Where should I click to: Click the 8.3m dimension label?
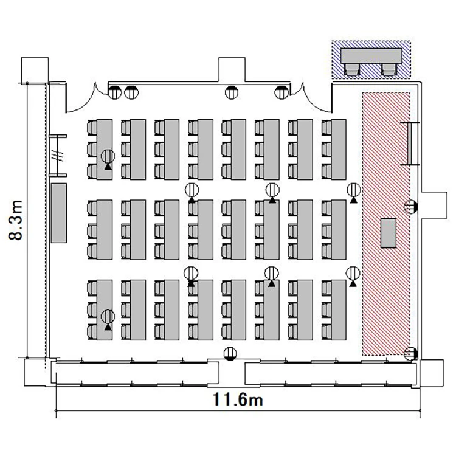(x=16, y=220)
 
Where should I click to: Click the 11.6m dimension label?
(x=238, y=399)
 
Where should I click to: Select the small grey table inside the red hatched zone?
(x=389, y=233)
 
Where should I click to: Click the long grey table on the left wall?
(x=59, y=213)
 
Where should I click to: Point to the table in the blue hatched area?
(x=371, y=56)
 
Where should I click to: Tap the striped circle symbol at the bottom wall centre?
(x=230, y=354)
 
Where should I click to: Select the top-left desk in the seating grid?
(x=105, y=149)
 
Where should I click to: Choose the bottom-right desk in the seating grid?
(x=339, y=310)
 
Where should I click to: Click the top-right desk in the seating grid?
(x=339, y=149)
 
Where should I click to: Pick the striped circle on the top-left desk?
(x=108, y=156)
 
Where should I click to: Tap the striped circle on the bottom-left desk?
(x=108, y=316)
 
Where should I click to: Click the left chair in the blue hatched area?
(x=352, y=69)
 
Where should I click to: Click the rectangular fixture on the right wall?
(x=410, y=143)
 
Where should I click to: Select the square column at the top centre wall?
(x=232, y=69)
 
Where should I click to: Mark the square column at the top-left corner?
(x=35, y=70)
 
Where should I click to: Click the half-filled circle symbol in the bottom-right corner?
(x=411, y=354)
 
